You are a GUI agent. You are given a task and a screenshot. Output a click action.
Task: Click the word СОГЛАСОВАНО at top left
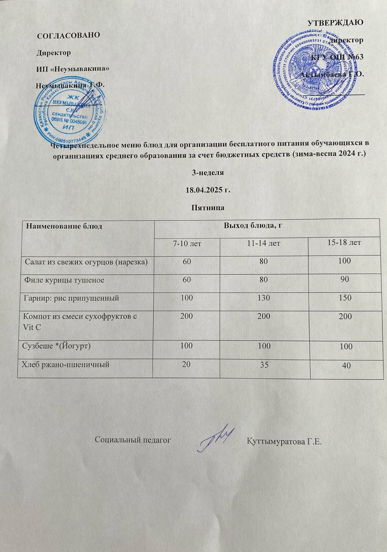(x=68, y=35)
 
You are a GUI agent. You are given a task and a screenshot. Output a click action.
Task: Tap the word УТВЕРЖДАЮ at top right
(x=335, y=23)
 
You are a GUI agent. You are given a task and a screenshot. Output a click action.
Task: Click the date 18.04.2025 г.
(x=208, y=190)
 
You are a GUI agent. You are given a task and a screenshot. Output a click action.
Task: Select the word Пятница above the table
(x=208, y=208)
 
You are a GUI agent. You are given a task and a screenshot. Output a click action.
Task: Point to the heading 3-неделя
(x=208, y=172)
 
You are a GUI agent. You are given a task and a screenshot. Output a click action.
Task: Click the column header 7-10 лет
(x=187, y=244)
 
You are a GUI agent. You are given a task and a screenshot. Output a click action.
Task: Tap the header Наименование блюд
(x=64, y=227)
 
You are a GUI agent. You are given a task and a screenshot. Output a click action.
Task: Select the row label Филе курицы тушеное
(x=64, y=280)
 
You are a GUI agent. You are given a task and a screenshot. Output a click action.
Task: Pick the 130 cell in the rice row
(x=264, y=297)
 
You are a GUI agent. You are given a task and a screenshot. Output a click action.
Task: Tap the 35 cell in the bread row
(x=264, y=364)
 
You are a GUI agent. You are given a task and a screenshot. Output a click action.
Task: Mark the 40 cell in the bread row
(x=346, y=366)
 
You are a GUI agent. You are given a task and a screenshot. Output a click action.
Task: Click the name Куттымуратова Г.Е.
(x=284, y=441)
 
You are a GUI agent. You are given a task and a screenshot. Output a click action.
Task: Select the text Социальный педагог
(x=133, y=440)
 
